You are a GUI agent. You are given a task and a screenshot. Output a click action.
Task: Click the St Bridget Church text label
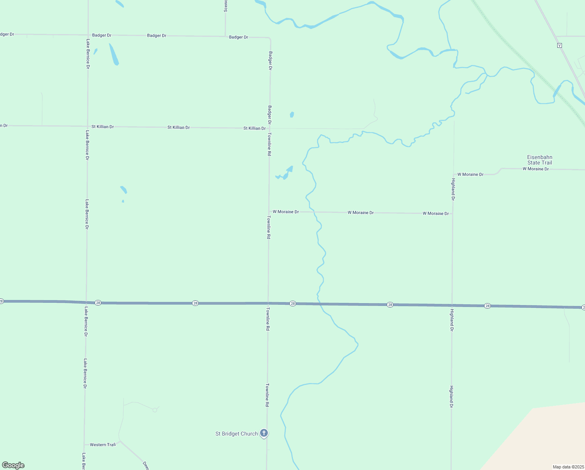pyautogui.click(x=237, y=434)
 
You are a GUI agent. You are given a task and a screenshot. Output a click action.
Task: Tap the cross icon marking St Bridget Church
pyautogui.click(x=264, y=433)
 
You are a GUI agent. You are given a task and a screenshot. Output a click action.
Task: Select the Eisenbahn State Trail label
pyautogui.click(x=540, y=160)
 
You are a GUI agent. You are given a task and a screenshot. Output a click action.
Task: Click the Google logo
pyautogui.click(x=13, y=465)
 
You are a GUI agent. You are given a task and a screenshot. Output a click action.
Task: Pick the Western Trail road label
pyautogui.click(x=102, y=445)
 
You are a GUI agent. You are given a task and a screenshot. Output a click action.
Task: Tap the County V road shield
pyautogui.click(x=560, y=45)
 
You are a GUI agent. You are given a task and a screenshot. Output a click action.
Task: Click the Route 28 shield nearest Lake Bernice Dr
pyautogui.click(x=98, y=303)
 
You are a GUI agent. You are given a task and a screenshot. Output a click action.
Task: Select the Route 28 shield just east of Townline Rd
pyautogui.click(x=292, y=304)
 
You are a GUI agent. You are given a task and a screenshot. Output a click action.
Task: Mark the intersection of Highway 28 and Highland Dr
pyautogui.click(x=452, y=305)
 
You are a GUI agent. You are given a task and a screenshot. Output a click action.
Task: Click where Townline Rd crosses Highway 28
pyautogui.click(x=268, y=303)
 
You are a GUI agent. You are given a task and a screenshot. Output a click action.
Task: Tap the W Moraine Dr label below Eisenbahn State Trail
pyautogui.click(x=536, y=169)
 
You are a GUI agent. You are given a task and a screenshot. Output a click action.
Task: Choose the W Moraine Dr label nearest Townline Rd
pyautogui.click(x=285, y=211)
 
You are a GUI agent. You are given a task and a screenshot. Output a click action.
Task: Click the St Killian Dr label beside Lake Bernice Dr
pyautogui.click(x=102, y=127)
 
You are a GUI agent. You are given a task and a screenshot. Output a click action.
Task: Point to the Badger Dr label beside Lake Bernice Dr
pyautogui.click(x=102, y=35)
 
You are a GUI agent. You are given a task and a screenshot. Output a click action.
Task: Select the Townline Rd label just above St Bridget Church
pyautogui.click(x=267, y=395)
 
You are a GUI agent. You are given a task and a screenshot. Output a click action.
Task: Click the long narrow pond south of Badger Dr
pyautogui.click(x=114, y=54)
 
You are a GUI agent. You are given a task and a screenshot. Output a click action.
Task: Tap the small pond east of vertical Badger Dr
pyautogui.click(x=292, y=115)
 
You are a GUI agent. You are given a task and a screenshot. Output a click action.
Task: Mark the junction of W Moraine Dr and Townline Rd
pyautogui.click(x=269, y=211)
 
